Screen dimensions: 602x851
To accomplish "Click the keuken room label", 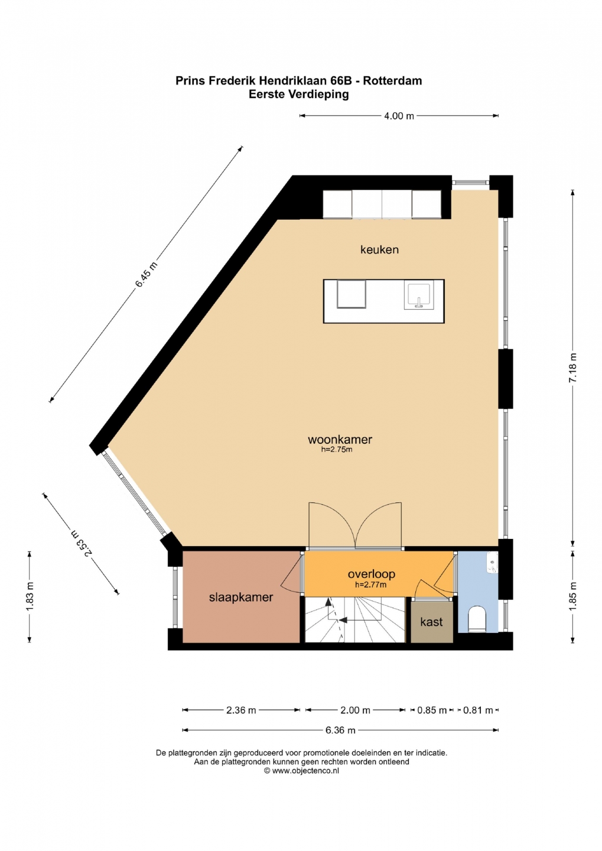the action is pos(379,249).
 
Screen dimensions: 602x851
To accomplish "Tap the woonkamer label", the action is pos(340,440).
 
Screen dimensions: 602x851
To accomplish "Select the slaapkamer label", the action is pos(241,597).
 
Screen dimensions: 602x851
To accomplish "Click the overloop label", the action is pos(372,574).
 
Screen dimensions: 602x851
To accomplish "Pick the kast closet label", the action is pos(431,622).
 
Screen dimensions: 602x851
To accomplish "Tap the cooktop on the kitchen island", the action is pos(352,294).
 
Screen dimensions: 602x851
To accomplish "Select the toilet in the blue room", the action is pos(477,619).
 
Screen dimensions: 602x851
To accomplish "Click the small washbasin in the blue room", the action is pos(493,563).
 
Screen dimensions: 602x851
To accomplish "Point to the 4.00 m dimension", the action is pos(399,116).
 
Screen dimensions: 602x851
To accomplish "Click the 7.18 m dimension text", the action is pos(572,368).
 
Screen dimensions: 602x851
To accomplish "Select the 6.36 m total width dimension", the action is pos(340,730).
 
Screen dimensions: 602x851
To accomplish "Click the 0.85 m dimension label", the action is pos(432,710).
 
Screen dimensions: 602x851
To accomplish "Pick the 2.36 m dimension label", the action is pos(241,710).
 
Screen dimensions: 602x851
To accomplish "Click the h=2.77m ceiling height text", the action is pos(370,585).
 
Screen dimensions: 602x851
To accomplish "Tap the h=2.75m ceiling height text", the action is pos(337,450).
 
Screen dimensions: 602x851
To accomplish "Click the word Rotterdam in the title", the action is pos(393,81).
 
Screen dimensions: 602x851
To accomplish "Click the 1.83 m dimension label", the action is pos(30,597).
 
